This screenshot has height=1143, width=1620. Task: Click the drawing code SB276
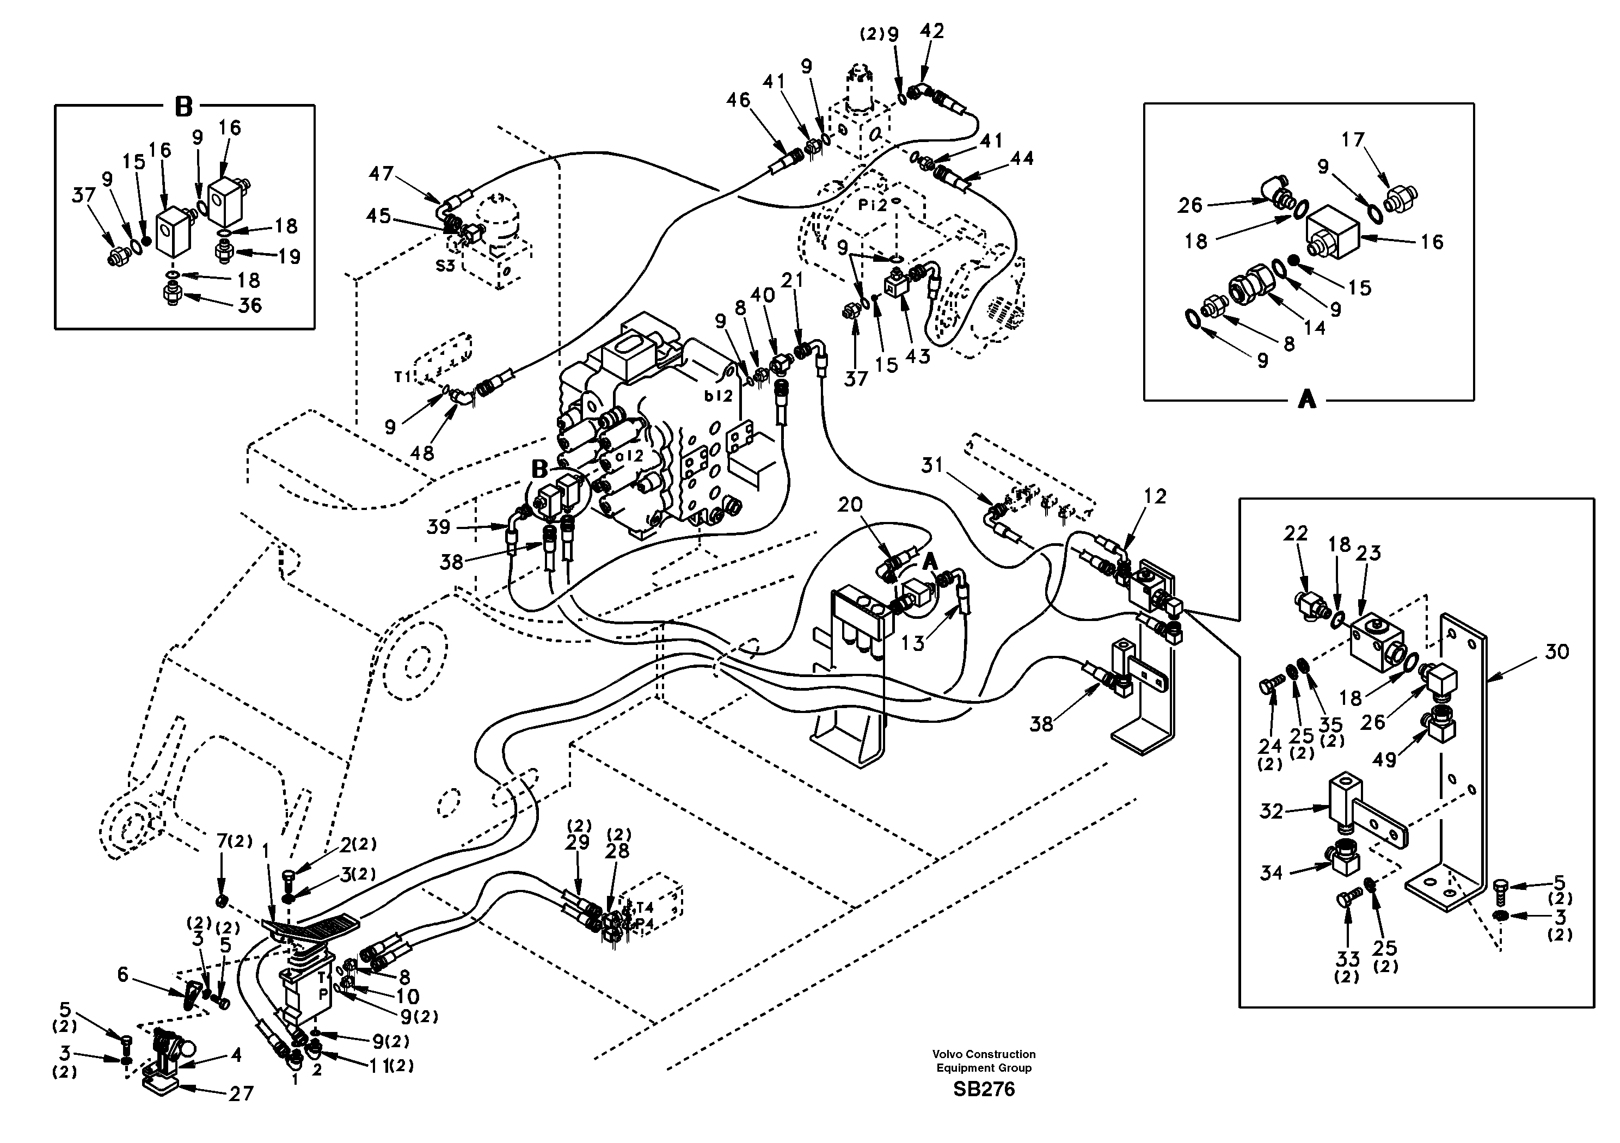coord(984,1089)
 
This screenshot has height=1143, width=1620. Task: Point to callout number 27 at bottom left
coord(241,1093)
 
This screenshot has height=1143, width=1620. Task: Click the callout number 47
coord(381,173)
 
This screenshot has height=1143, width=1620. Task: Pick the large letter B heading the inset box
coord(183,107)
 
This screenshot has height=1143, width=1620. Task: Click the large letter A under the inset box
coord(1307,400)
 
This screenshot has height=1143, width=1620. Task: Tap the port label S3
coord(445,266)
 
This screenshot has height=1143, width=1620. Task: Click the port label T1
coord(402,378)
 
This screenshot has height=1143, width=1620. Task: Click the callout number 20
coord(850,505)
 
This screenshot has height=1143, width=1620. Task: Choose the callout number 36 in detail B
coord(250,305)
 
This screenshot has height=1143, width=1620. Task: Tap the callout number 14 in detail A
coord(1315,327)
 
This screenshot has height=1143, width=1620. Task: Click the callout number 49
coord(1384,760)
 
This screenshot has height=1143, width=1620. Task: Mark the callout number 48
coord(422,452)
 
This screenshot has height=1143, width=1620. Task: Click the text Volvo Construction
coord(984,1054)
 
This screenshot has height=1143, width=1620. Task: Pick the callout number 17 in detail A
coord(1353,140)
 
